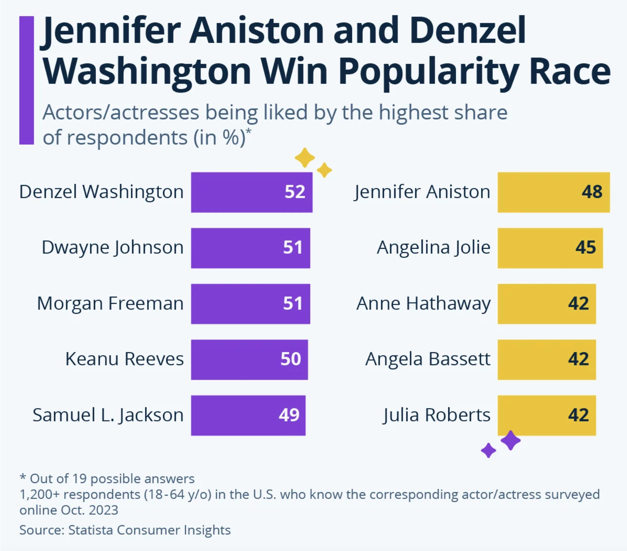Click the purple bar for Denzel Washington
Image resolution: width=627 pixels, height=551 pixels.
(x=251, y=192)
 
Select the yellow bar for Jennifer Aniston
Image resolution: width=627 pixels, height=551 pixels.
(x=553, y=192)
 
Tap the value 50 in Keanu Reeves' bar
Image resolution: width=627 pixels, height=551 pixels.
(x=291, y=359)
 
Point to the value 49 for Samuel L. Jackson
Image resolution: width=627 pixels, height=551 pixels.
(x=289, y=415)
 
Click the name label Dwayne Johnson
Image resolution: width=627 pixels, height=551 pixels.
(x=113, y=248)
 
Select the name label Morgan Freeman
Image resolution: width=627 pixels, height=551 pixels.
(x=110, y=303)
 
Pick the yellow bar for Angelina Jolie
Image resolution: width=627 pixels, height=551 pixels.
(x=550, y=248)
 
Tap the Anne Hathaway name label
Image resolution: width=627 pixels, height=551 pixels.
(x=423, y=303)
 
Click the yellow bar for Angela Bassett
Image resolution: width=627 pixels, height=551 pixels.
(x=546, y=359)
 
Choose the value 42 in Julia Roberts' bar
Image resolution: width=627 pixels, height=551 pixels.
(x=578, y=415)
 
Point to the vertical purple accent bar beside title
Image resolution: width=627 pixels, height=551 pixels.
(x=27, y=80)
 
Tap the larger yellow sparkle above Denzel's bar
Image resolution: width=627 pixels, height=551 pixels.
(x=305, y=158)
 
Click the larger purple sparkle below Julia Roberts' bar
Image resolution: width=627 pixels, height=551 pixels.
(x=511, y=440)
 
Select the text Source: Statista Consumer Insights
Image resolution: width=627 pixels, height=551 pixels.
(x=125, y=530)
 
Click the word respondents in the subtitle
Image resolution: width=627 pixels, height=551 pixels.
(x=127, y=138)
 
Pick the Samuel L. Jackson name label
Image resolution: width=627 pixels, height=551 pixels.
(x=108, y=415)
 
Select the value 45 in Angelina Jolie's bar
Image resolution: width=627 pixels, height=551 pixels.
(x=585, y=248)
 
